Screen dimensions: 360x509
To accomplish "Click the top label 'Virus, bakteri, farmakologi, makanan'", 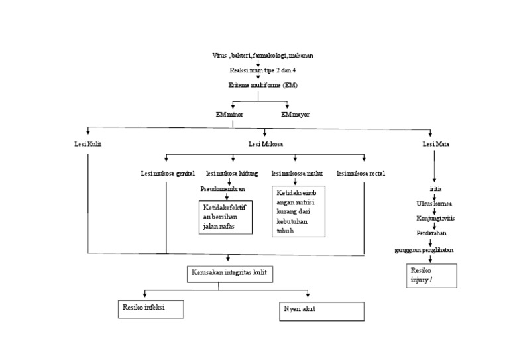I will tap(258, 56).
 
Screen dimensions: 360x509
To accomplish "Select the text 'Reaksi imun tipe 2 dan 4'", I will tap(258, 70).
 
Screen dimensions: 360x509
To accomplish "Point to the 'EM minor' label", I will tap(229, 114).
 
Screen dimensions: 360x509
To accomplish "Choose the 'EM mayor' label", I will tap(295, 114).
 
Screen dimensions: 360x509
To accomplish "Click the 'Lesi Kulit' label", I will tap(87, 144).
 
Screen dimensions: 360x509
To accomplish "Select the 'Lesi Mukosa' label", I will tap(264, 144).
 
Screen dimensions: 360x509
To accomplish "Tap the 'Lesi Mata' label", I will tap(434, 144).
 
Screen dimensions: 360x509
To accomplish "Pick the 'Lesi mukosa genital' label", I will tap(167, 174).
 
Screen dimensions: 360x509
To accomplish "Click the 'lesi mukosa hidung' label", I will tap(232, 174).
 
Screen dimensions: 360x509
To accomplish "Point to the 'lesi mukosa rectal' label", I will tap(361, 174).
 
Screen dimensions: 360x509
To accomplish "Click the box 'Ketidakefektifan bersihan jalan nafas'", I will tap(227, 217).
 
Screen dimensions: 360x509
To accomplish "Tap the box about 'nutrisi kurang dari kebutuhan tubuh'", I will tap(298, 211).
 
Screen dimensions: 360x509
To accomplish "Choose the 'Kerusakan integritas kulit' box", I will tap(229, 273).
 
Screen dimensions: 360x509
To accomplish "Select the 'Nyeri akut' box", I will tap(321, 311).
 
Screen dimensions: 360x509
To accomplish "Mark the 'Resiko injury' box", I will tap(431, 276).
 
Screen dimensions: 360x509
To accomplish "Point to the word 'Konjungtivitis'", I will tap(435, 217).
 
